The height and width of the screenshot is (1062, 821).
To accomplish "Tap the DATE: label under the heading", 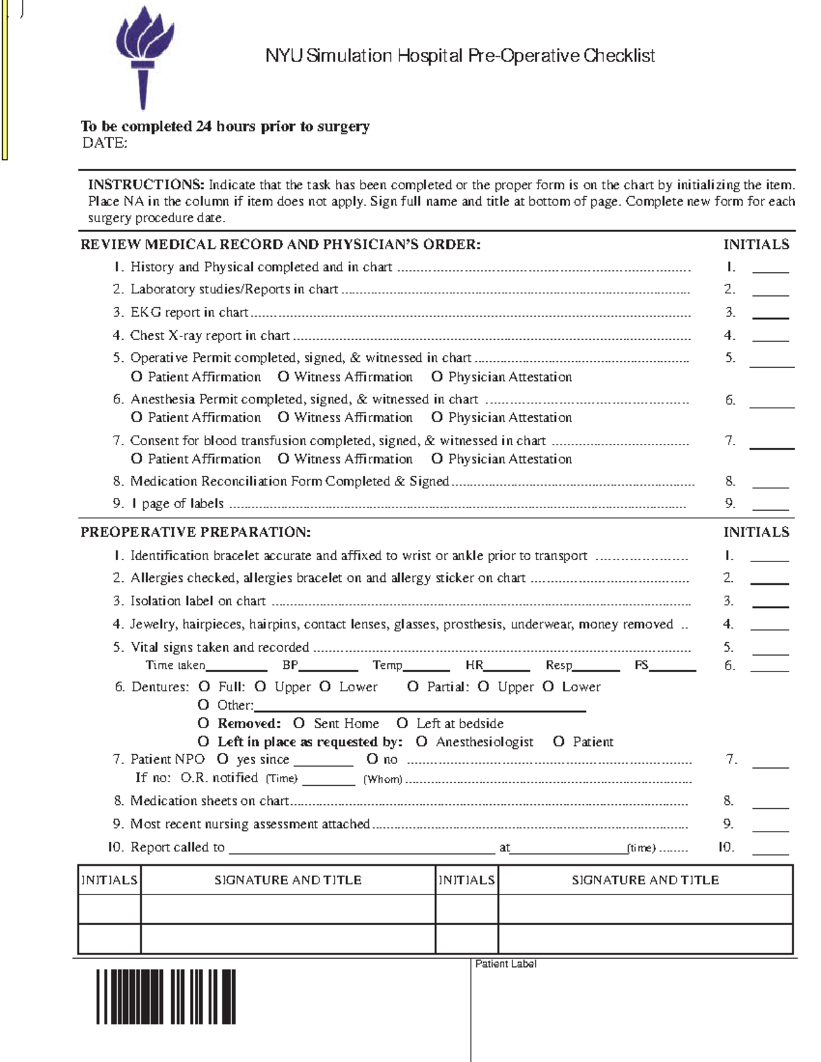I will coord(105,143).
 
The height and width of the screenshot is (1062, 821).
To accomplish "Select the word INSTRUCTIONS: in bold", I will coord(146,185).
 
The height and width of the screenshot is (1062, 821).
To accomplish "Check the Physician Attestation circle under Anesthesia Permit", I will coord(437,417).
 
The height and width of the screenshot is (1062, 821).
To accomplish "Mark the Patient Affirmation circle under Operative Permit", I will coord(137,377).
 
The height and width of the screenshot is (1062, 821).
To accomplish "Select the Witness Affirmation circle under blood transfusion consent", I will coord(283,459).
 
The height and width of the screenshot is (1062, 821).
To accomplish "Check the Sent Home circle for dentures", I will coord(299,724).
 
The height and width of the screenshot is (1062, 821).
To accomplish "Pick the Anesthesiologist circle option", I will coord(421,742).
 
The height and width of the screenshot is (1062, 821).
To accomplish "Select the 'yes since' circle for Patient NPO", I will coord(222,759).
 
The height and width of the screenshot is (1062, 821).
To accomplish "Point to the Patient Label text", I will coord(506,964).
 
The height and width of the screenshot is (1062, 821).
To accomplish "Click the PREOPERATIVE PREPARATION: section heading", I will coord(196,532).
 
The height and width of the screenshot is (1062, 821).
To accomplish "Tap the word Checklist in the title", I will coord(619,55).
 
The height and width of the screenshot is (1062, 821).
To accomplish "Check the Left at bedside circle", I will coord(402,724).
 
